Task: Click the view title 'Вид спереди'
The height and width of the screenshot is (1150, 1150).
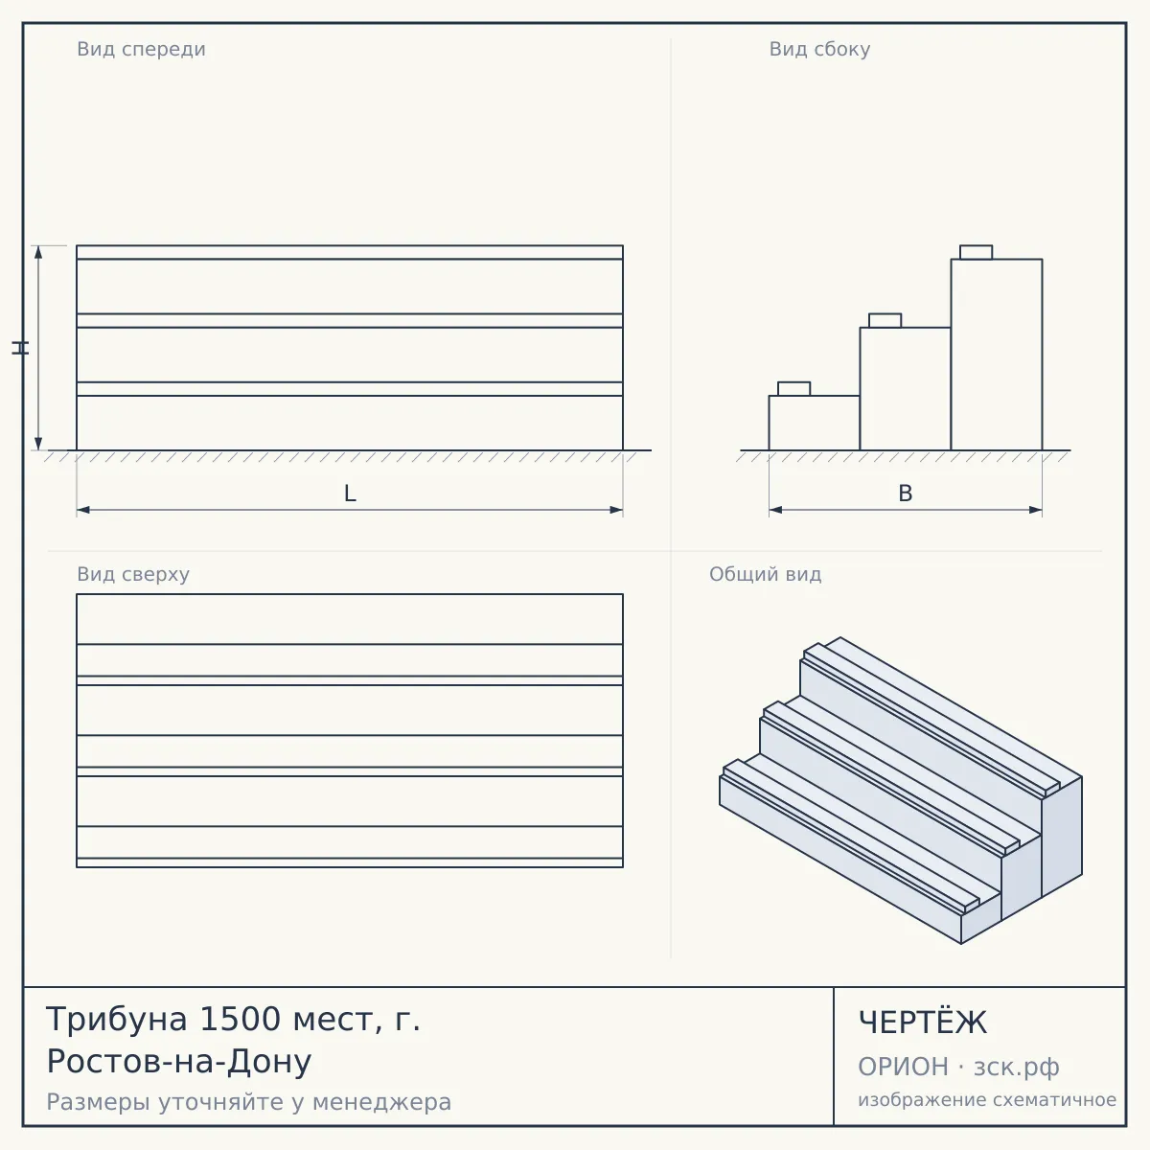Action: (x=142, y=49)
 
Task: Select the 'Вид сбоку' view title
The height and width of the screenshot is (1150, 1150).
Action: (x=819, y=49)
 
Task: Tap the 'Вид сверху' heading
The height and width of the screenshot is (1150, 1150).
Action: (x=133, y=574)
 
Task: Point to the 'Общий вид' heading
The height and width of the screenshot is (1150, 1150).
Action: (x=765, y=574)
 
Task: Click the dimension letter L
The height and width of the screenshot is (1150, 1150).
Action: (x=350, y=494)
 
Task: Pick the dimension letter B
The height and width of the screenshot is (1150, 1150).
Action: (x=906, y=494)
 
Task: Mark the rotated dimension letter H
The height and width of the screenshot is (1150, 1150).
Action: (x=20, y=348)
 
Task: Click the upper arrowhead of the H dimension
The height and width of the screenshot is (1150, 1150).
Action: (x=38, y=252)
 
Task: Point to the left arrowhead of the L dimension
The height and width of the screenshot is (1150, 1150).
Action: (x=83, y=510)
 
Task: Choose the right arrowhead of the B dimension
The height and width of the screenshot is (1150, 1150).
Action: (x=1036, y=510)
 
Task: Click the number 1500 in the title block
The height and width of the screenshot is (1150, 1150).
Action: (x=240, y=1020)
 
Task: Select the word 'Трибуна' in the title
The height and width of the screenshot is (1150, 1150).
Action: (x=117, y=1020)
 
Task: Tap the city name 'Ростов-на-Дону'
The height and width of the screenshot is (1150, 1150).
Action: (x=179, y=1062)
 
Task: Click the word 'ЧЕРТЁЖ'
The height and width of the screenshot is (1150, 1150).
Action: (x=923, y=1022)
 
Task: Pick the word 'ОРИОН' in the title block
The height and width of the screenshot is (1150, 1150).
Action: (x=903, y=1067)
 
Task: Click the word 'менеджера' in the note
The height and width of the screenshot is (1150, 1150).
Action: (x=382, y=1103)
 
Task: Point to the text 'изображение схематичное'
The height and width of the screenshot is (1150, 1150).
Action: (x=987, y=1100)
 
